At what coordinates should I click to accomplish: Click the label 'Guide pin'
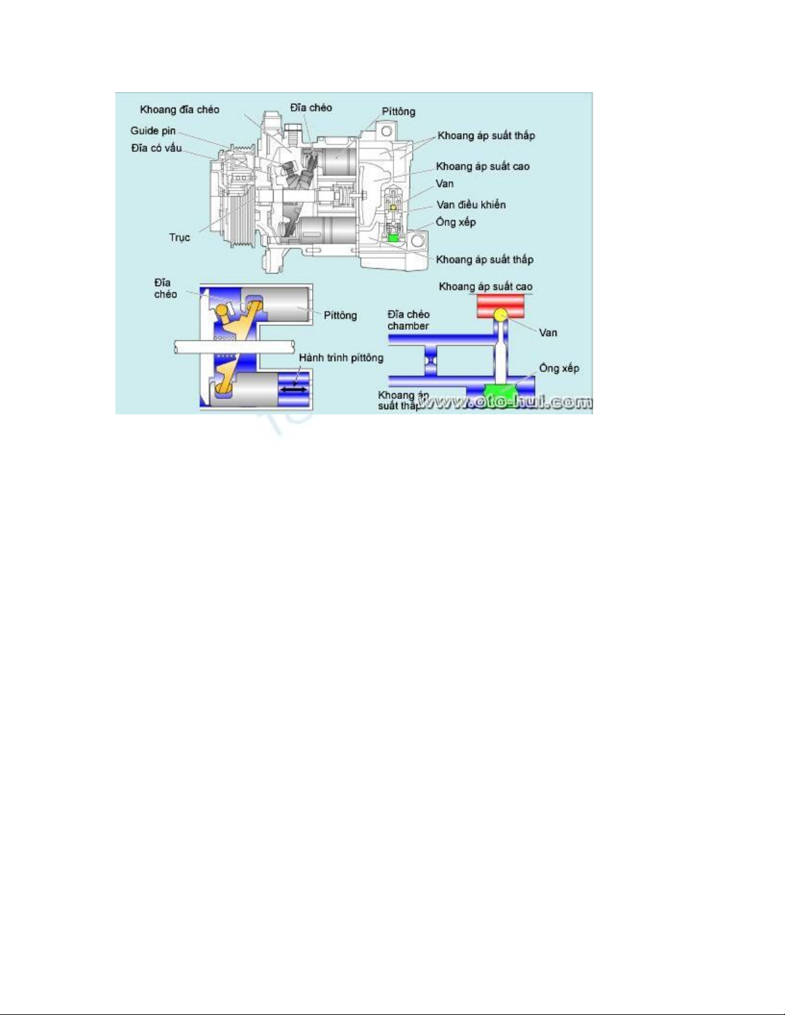[153, 131]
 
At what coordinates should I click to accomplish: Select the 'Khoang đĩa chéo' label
[179, 110]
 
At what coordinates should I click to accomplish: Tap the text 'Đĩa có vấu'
[156, 148]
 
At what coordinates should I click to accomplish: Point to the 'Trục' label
[179, 238]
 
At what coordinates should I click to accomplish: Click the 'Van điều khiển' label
[471, 205]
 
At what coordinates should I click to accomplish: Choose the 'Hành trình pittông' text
[341, 357]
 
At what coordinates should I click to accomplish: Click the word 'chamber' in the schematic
[408, 326]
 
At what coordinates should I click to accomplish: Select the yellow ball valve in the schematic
[500, 314]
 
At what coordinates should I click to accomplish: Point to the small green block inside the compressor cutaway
[393, 238]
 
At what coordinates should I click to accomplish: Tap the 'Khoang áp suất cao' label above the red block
[485, 287]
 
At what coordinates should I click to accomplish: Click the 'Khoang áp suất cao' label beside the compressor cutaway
[483, 166]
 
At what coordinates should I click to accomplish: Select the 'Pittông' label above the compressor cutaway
[399, 111]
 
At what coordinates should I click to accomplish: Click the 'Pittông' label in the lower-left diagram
[340, 315]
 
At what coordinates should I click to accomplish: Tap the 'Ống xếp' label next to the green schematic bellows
[559, 368]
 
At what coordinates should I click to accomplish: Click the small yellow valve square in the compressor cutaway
[393, 207]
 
